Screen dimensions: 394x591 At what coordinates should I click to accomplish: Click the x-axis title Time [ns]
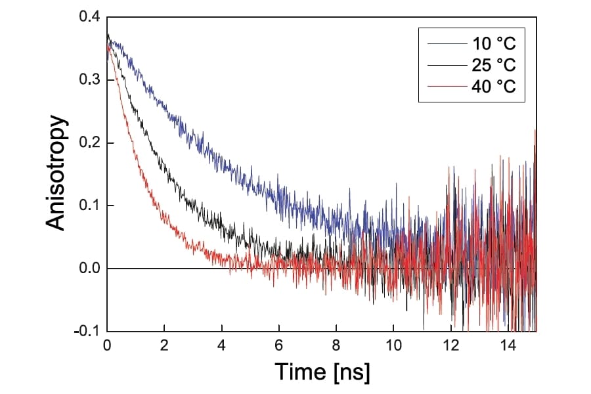point(322,372)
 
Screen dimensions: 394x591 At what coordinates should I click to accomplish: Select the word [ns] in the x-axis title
point(351,372)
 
